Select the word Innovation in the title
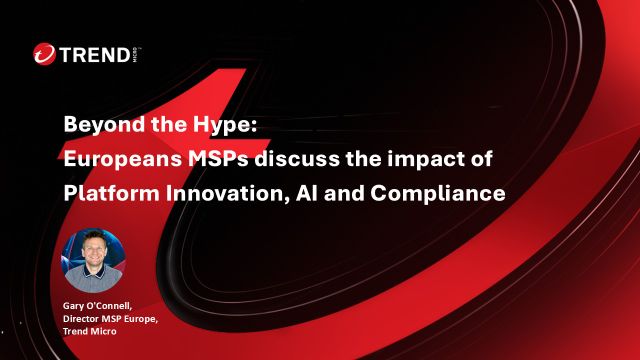(215, 193)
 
